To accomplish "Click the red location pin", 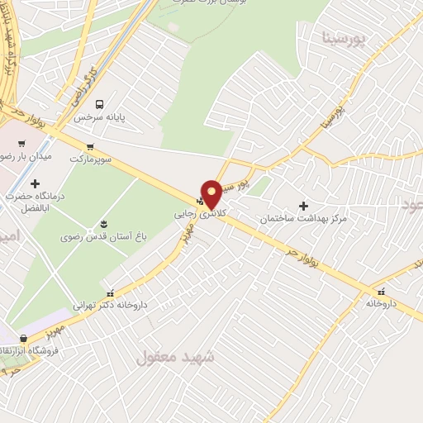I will point(211,193).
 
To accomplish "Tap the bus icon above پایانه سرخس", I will point(100,104).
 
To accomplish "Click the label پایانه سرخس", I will point(99,118).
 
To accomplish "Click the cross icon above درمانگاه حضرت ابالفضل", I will point(35,183).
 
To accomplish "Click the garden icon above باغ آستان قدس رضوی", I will point(103,224).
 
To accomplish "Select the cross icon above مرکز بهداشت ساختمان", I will point(303,206).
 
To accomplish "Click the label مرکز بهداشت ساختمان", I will point(302,219).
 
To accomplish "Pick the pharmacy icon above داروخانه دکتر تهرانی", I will point(111,292).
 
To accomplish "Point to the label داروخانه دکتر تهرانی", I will point(110,305).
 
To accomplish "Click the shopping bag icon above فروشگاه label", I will point(23,339).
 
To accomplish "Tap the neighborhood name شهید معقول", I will point(174,357).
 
